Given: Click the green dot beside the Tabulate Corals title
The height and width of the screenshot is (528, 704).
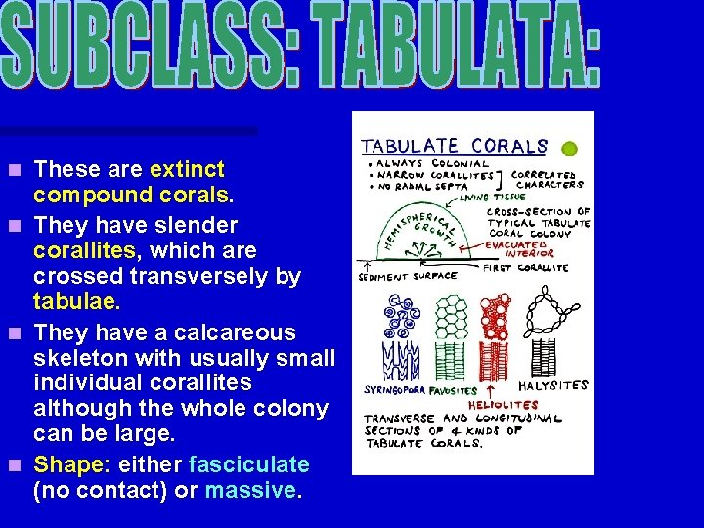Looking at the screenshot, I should pos(569,149).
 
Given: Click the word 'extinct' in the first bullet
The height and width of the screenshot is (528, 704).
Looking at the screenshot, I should pos(188,169).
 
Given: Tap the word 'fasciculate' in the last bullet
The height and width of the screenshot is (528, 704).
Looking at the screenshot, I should pos(248,464).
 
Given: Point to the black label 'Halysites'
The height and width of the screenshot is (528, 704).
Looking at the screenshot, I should pos(553,385).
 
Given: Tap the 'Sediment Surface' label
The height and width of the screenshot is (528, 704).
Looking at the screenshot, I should pos(409,276).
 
